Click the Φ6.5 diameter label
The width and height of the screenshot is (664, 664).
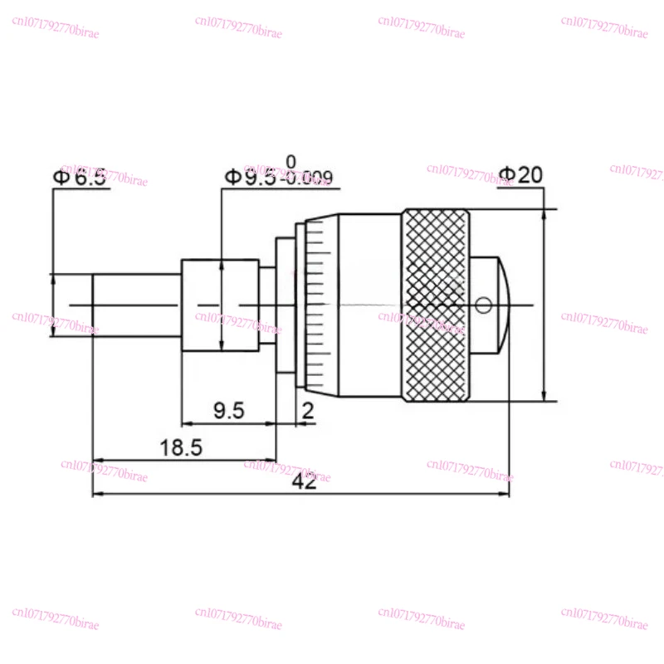pyautogui.click(x=80, y=177)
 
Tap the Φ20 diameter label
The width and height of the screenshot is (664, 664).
pyautogui.click(x=520, y=175)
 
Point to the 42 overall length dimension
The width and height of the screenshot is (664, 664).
pyautogui.click(x=305, y=482)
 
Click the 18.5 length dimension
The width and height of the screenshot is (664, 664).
pyautogui.click(x=181, y=447)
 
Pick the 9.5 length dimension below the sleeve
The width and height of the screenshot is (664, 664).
pyautogui.click(x=227, y=411)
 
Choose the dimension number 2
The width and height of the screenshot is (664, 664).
pyautogui.click(x=308, y=411)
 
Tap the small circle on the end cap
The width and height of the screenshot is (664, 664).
pyautogui.click(x=484, y=306)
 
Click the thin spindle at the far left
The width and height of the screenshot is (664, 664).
pyautogui.click(x=136, y=305)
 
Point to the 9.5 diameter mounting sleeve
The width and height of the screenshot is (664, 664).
pyautogui.click(x=219, y=305)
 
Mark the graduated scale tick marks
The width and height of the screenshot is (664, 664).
pyautogui.click(x=314, y=305)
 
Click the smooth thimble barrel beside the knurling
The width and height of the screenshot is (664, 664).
pyautogui.click(x=369, y=305)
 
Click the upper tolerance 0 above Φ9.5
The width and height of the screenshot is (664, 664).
pyautogui.click(x=290, y=161)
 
